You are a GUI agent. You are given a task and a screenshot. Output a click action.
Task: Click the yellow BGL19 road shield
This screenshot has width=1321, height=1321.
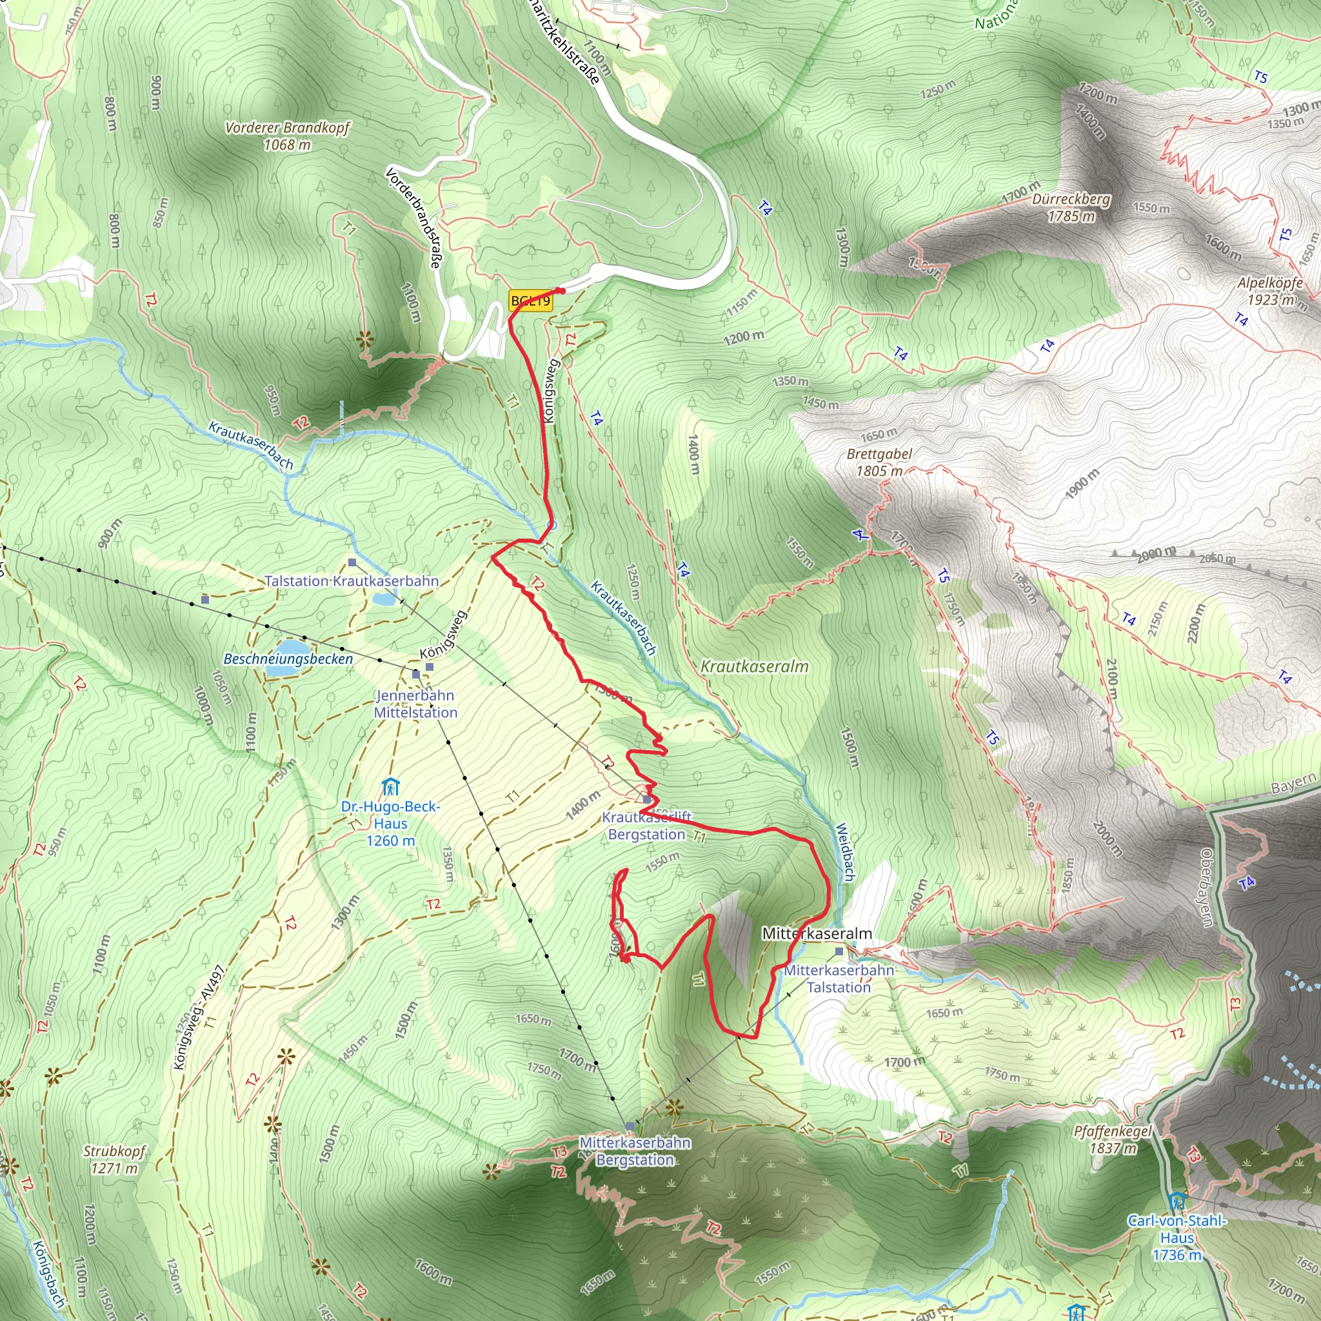(x=531, y=301)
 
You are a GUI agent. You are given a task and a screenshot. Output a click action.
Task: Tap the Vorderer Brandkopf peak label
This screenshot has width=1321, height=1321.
(x=288, y=135)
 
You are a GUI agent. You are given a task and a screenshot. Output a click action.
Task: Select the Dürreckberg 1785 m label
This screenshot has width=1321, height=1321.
(x=1071, y=208)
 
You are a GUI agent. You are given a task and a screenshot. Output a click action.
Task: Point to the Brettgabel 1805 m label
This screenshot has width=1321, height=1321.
(x=879, y=462)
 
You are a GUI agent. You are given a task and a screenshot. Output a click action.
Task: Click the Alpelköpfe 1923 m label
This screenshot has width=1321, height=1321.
(x=1269, y=292)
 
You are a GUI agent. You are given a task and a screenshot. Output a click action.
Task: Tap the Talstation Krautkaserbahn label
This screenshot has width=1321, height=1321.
(x=352, y=581)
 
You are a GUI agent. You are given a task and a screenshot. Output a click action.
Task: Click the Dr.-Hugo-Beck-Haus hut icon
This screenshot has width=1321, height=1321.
(x=390, y=787)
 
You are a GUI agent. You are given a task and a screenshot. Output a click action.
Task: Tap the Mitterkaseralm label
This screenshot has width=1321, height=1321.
(x=817, y=933)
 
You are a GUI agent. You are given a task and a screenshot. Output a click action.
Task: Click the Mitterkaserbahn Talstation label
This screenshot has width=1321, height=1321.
(x=839, y=978)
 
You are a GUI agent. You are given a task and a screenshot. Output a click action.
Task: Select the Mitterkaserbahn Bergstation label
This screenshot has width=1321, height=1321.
(x=635, y=1151)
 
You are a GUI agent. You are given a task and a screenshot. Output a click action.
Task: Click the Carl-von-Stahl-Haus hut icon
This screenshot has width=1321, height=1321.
(x=1177, y=1200)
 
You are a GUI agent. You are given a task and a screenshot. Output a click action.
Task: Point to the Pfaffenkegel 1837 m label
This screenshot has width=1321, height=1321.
(x=1113, y=1140)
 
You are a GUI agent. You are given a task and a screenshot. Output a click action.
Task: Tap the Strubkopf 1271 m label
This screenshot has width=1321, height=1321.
(x=115, y=1160)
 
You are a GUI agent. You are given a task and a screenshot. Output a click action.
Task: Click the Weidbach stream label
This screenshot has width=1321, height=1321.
(x=846, y=851)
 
